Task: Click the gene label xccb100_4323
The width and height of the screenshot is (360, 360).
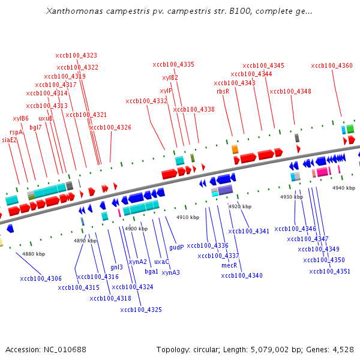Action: point(76,56)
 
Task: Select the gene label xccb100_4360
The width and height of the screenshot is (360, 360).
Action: point(332,65)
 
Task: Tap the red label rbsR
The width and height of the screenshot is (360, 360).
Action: point(223,91)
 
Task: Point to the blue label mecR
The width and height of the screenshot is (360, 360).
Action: point(230,265)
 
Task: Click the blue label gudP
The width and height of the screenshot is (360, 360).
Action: point(176,247)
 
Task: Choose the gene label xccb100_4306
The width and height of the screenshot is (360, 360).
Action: point(41,278)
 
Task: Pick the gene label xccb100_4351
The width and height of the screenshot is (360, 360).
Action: point(330,271)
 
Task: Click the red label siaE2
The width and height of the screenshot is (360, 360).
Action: point(10,140)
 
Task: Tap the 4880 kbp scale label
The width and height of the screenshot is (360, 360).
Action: point(34,254)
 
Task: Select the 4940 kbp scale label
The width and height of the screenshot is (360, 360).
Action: point(344,188)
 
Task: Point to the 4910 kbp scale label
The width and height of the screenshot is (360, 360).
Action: point(187,217)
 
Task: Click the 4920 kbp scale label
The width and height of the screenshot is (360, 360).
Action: point(239,206)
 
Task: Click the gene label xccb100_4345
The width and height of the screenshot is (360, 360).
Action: point(263,65)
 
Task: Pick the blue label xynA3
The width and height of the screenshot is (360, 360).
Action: point(170,272)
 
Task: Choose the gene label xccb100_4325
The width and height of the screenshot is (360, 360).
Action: point(141,310)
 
